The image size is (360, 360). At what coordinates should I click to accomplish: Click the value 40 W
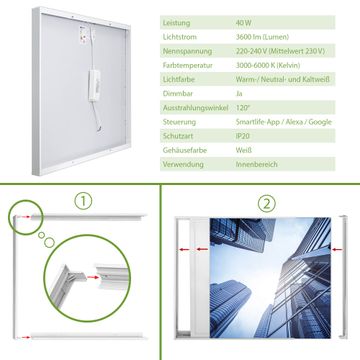pyautogui.click(x=244, y=23)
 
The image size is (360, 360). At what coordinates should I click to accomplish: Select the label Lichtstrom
pyautogui.click(x=180, y=37)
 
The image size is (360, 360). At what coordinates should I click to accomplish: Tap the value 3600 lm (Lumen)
pyautogui.click(x=262, y=37)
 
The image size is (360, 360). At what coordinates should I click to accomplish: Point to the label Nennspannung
pyautogui.click(x=187, y=51)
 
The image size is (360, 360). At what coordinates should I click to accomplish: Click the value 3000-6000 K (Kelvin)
pyautogui.click(x=268, y=65)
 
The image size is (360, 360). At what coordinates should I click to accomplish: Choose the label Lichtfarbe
pyautogui.click(x=179, y=80)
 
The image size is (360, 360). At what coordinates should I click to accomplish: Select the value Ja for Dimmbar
pyautogui.click(x=239, y=94)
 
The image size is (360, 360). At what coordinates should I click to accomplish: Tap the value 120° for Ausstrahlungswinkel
pyautogui.click(x=243, y=108)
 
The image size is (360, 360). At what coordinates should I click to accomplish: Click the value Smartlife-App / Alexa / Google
pyautogui.click(x=284, y=122)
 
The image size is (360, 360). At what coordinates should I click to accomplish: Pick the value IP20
pyautogui.click(x=243, y=136)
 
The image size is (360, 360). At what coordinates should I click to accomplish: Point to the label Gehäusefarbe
pyautogui.click(x=185, y=150)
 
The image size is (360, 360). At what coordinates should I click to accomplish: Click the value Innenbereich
pyautogui.click(x=257, y=164)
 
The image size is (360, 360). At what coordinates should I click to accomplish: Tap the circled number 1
pyautogui.click(x=83, y=201)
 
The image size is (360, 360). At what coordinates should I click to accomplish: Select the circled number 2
pyautogui.click(x=267, y=204)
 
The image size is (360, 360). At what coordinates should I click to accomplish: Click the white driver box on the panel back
pyautogui.click(x=94, y=85)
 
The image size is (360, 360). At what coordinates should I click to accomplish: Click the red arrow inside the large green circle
pyautogui.click(x=93, y=277)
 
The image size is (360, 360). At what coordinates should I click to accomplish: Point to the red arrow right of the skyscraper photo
pyautogui.click(x=337, y=249)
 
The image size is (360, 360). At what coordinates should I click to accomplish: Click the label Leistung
pyautogui.click(x=177, y=23)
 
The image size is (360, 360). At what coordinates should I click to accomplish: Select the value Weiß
pyautogui.click(x=244, y=150)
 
